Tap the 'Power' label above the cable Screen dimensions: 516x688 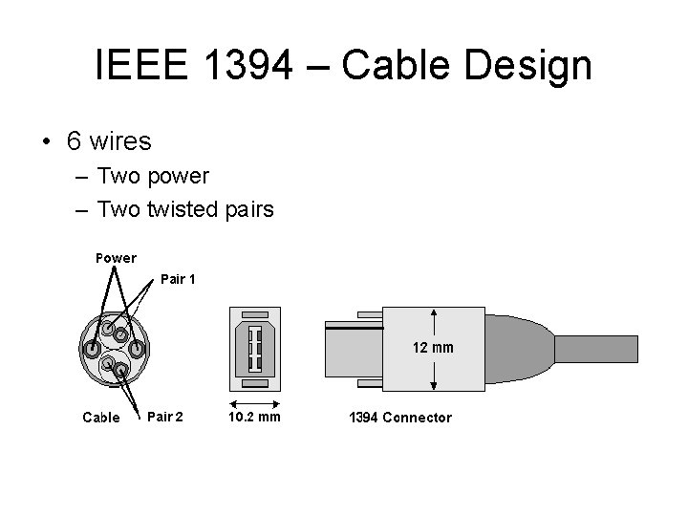[x=116, y=257]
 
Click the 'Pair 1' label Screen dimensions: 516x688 [x=178, y=280]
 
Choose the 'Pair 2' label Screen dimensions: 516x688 [x=165, y=416]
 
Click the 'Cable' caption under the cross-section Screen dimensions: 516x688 [x=101, y=417]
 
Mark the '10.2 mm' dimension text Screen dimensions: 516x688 [x=255, y=416]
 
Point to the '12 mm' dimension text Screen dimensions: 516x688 [x=433, y=347]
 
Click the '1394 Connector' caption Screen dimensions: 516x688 [x=399, y=417]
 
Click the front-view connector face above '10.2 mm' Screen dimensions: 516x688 [x=255, y=349]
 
